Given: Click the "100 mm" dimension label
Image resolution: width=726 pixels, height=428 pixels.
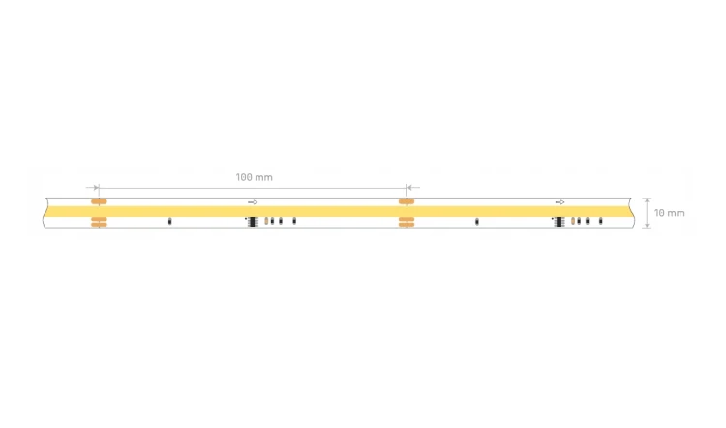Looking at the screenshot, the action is coord(254,177).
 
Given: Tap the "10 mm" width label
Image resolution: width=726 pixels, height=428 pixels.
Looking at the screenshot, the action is coord(669,213).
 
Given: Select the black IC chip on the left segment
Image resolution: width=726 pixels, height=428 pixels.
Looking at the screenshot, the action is coord(253,222).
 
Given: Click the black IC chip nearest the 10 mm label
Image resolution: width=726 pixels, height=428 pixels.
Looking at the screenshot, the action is coord(560,222).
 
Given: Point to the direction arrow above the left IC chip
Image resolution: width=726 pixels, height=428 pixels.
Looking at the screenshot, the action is coord(253,202).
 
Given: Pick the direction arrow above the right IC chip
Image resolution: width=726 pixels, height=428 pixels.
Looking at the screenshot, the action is coord(560,202).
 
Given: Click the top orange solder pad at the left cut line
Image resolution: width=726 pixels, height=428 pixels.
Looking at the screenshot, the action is coord(99,201).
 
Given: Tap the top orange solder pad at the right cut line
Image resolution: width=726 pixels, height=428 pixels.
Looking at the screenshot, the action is coord(406,201).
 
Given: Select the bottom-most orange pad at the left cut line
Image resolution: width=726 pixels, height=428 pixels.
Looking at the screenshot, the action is coord(99,225).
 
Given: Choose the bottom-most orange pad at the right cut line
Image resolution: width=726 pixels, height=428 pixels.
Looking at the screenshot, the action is coord(406,225).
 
